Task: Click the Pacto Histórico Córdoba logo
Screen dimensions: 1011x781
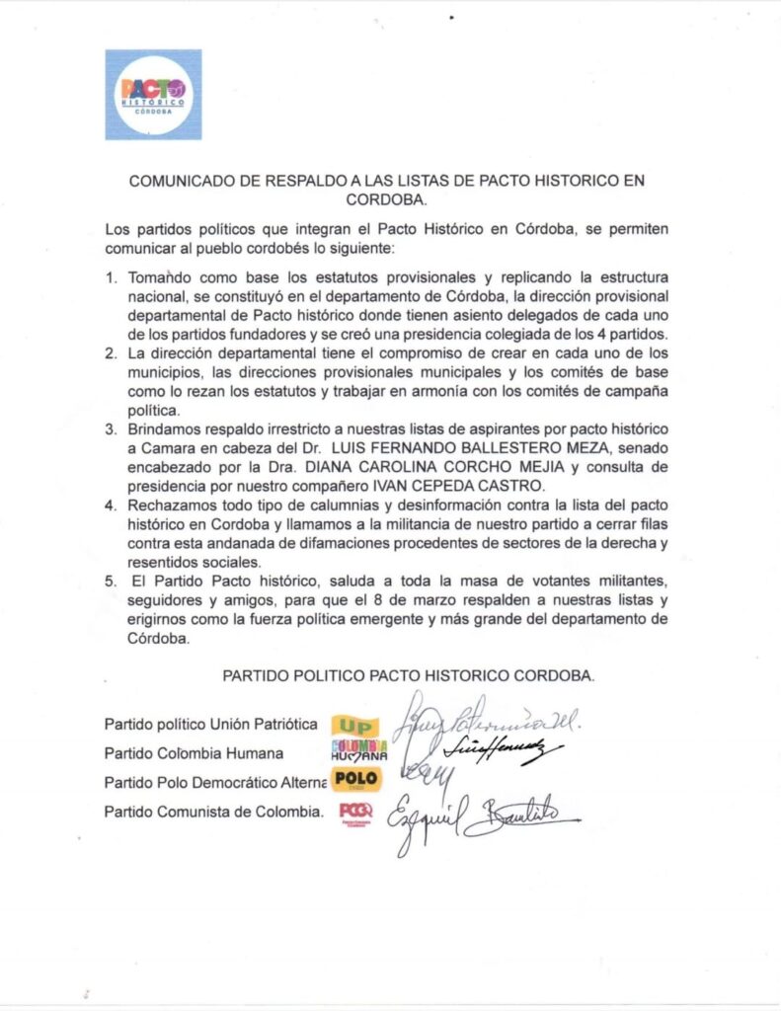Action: pos(153,95)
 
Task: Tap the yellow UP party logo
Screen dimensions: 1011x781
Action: pos(353,725)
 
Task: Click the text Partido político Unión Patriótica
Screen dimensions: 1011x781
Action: pos(210,725)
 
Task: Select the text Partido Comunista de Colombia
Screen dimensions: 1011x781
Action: pos(214,812)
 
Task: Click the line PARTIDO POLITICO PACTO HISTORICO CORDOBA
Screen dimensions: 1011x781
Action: pos(408,676)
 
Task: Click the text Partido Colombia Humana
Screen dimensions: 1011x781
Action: pos(194,753)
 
